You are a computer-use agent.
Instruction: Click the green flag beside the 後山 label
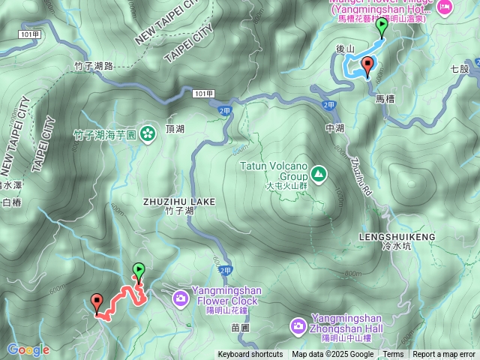[x=382, y=27]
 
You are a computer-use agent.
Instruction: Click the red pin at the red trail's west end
[x=97, y=302]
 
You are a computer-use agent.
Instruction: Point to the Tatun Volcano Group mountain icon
[x=319, y=174]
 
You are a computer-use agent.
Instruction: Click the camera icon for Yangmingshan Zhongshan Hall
[x=298, y=326]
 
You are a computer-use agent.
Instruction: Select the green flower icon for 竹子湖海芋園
[x=147, y=135]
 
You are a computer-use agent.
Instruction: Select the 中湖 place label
[x=334, y=127]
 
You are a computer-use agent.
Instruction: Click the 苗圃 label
[x=240, y=327]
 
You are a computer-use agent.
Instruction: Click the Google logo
[x=28, y=349]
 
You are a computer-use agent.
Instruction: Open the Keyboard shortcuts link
[x=250, y=355]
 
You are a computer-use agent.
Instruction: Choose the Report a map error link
[x=444, y=355]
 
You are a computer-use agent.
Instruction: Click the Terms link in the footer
[x=393, y=355]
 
